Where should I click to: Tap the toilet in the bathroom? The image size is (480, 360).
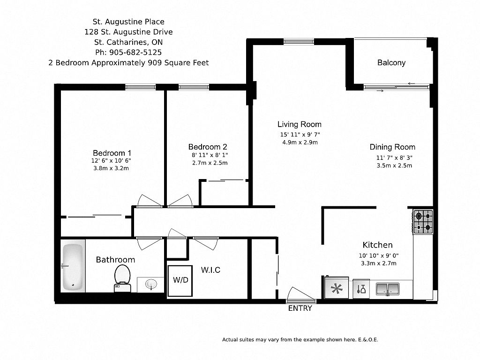(x=122, y=278)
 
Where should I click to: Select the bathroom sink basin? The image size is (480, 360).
(x=150, y=285)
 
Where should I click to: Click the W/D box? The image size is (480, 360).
(x=180, y=280)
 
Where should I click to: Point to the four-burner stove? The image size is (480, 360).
(x=423, y=222)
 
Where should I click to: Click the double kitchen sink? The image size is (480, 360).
(x=388, y=289)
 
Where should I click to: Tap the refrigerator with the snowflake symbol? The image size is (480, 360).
(x=337, y=287)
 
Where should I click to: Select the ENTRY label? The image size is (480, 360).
(x=300, y=308)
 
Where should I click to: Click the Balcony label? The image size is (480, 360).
(x=391, y=63)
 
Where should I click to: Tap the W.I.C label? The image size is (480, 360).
(x=210, y=270)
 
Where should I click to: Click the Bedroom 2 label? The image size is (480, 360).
(x=208, y=147)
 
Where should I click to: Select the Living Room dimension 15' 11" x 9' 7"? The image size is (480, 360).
(x=300, y=135)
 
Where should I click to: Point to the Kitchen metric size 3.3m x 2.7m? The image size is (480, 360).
(x=379, y=263)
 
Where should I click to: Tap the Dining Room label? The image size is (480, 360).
(x=392, y=147)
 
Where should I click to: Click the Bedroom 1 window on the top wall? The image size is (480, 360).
(x=141, y=87)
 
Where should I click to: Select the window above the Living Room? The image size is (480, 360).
(x=299, y=42)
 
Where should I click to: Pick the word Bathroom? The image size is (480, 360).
(x=115, y=260)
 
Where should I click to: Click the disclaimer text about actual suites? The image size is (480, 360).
(x=300, y=339)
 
